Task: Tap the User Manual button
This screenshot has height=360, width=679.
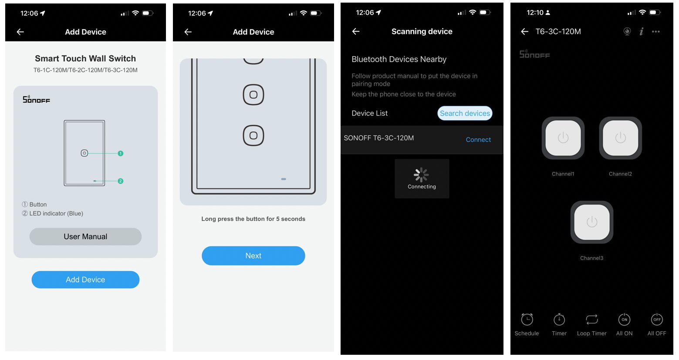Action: [x=85, y=236]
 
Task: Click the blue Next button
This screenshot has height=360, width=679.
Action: [x=253, y=256]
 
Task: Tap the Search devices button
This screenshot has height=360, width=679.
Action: [x=465, y=113]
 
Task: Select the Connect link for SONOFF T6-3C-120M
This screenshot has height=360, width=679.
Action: [x=478, y=139]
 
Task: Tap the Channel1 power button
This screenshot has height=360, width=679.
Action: [x=563, y=138]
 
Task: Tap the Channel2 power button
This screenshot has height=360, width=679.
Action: [x=620, y=138]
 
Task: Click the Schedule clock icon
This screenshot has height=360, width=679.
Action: [x=527, y=319]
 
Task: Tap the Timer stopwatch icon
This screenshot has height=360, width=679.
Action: [x=559, y=319]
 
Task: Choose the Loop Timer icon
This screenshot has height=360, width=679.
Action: [x=592, y=319]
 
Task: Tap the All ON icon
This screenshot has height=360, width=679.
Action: [x=625, y=319]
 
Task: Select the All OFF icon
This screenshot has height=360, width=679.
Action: [x=657, y=319]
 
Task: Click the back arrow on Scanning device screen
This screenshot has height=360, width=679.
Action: [x=356, y=31]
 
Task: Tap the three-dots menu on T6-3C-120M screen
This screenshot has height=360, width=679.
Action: [x=655, y=31]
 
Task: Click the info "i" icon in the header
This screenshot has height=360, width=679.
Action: [x=642, y=31]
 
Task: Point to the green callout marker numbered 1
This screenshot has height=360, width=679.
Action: [x=120, y=153]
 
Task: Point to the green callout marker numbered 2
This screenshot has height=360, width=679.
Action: [x=120, y=181]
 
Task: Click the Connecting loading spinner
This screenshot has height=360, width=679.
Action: [x=421, y=175]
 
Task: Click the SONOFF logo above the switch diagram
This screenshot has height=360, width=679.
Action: [x=37, y=99]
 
